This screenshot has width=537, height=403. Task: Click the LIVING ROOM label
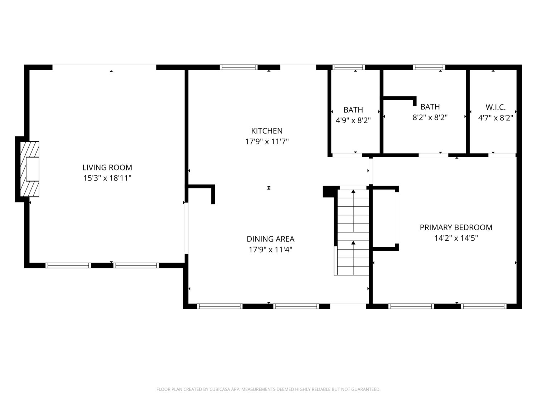[107, 168]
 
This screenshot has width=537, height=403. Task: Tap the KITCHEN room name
[267, 131]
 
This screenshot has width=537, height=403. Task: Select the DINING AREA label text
[270, 239]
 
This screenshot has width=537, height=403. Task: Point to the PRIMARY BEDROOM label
[456, 227]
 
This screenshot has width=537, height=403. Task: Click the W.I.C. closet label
[495, 107]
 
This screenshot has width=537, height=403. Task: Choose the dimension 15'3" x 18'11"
[107, 178]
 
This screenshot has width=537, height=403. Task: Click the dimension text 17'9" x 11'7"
[267, 141]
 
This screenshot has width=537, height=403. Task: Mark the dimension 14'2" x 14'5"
[456, 238]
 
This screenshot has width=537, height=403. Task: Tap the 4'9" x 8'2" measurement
[353, 120]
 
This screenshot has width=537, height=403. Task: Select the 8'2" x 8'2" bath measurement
[430, 117]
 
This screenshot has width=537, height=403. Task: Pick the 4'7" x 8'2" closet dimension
[495, 118]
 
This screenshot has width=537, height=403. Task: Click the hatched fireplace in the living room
[30, 169]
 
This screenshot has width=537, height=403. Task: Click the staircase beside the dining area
[353, 232]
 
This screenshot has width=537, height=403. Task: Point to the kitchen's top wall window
[238, 67]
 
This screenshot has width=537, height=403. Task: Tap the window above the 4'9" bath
[348, 67]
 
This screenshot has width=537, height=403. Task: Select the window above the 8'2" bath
[429, 67]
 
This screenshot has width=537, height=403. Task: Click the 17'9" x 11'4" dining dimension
[270, 250]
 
